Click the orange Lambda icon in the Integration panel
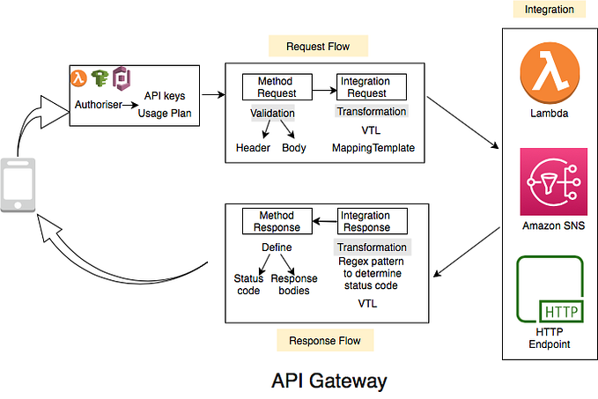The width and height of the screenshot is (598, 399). tap(548, 78)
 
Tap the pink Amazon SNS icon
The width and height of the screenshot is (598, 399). tap(548, 182)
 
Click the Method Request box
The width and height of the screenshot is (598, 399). tap(276, 86)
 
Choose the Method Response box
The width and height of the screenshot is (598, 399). tap(276, 221)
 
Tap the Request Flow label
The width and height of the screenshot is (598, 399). tap(316, 46)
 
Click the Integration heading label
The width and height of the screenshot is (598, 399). tap(549, 10)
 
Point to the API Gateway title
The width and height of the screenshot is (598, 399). tap(329, 381)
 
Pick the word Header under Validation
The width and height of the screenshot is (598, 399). tap(253, 147)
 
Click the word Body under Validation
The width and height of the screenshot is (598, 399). tap(293, 147)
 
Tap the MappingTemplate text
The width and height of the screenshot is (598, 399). tap(373, 147)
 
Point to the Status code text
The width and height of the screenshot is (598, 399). tap(248, 284)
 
